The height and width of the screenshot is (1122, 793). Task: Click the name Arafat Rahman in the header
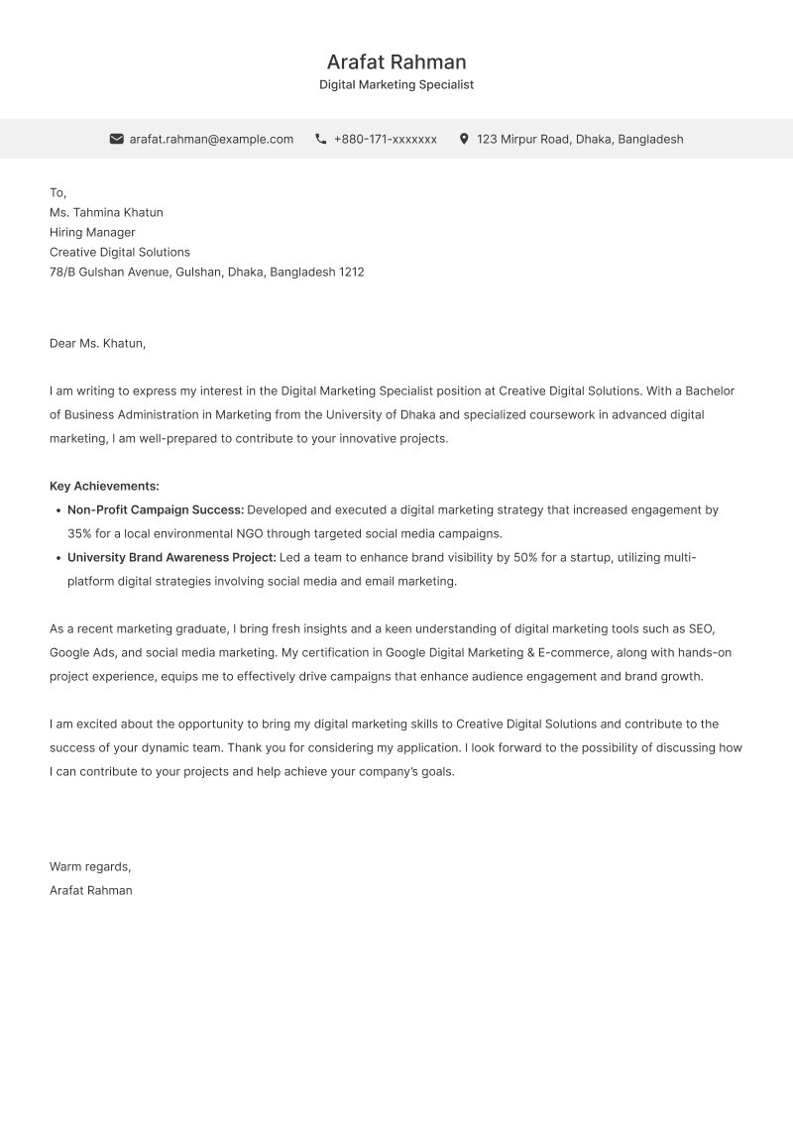[396, 62]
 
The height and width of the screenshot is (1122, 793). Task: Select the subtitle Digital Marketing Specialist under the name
[396, 85]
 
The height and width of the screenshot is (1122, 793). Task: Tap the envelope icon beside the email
[116, 139]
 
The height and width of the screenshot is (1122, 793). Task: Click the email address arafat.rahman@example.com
[211, 139]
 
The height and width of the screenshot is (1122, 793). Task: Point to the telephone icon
[321, 139]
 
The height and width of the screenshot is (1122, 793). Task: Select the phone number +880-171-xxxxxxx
[385, 139]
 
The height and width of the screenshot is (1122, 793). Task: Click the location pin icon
[464, 139]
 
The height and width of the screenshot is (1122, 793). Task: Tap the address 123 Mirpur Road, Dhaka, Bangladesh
[580, 139]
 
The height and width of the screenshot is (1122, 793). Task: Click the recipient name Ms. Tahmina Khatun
[106, 212]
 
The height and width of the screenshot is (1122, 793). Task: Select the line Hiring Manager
[92, 232]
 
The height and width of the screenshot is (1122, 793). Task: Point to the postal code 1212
[352, 272]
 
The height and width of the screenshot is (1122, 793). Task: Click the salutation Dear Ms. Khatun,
[97, 343]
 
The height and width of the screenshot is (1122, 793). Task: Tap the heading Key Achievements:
[104, 486]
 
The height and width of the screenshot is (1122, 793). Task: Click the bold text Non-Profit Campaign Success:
[156, 509]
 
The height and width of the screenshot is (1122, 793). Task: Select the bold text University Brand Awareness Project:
[171, 557]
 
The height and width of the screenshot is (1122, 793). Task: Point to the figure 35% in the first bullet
[79, 533]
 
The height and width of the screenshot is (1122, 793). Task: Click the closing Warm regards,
[90, 866]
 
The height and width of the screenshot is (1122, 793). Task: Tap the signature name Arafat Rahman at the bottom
[91, 890]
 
